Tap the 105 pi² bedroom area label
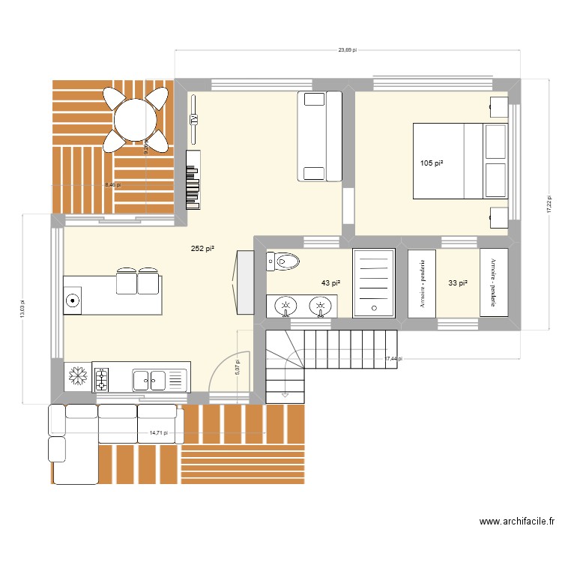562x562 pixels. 431,163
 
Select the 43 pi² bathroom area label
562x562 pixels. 330,282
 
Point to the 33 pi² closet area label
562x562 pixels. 458,282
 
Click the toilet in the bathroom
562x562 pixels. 283,262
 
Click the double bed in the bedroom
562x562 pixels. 459,161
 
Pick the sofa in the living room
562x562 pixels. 320,136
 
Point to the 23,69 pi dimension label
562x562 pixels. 347,50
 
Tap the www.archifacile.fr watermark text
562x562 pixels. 516,522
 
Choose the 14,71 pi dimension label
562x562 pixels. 157,432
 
